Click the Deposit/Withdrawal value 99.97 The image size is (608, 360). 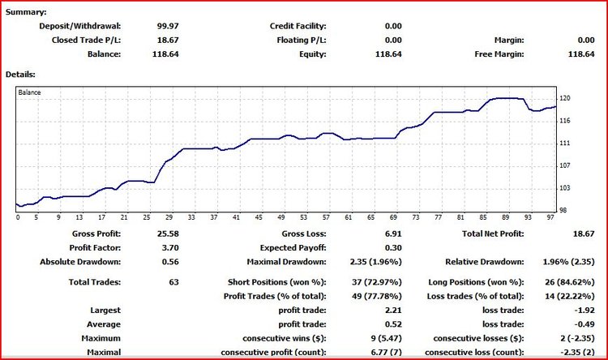[x=167, y=26]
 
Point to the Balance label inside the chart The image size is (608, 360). [x=31, y=92]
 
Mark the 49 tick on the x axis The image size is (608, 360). [x=283, y=217]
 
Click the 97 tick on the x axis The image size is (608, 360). [x=550, y=217]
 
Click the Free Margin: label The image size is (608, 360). [x=499, y=54]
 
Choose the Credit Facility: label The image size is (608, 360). [x=298, y=26]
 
